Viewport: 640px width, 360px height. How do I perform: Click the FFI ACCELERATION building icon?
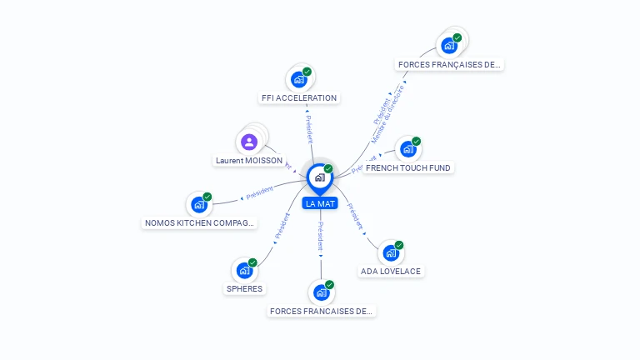coord(298,79)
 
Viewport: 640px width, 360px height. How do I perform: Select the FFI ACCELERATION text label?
coord(299,98)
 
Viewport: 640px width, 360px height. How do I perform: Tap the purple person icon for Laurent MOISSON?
coord(248,142)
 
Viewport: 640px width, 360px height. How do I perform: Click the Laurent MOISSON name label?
coord(249,160)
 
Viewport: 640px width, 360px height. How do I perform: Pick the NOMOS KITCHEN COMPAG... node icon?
coord(199,204)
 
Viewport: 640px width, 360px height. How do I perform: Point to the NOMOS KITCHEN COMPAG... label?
coord(200,222)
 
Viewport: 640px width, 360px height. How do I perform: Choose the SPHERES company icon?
coord(244,270)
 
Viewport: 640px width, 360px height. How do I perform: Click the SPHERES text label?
coord(244,289)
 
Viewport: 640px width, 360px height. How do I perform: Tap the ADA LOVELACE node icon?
coord(391,252)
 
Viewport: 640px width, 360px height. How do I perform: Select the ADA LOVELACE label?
coord(391,271)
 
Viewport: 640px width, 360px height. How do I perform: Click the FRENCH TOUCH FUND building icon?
coord(407,149)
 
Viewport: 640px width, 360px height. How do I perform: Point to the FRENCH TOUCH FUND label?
coord(408,167)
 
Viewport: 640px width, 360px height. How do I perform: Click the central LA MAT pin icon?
coord(320,177)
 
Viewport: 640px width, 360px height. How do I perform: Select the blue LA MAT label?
coord(321,203)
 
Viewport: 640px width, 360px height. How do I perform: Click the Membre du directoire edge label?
coord(387,113)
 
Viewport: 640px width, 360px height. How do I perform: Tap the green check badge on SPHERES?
coord(252,262)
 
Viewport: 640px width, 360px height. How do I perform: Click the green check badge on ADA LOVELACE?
coord(399,245)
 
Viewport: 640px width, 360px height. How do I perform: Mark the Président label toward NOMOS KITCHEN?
coord(259,192)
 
